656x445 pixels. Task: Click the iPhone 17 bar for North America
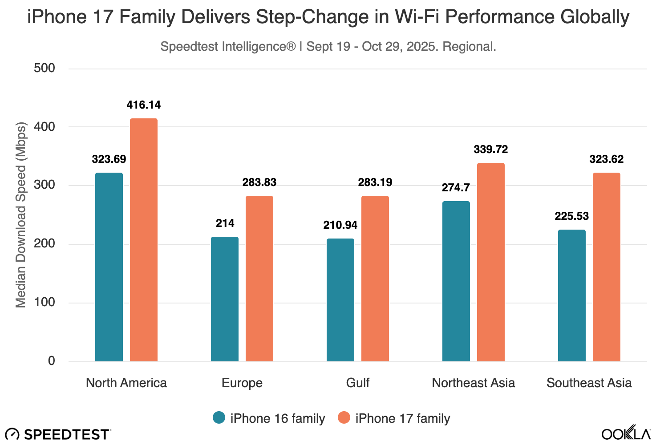144,240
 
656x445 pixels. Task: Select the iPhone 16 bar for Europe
225,299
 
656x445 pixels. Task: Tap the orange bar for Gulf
375,279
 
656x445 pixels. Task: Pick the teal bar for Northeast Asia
456,281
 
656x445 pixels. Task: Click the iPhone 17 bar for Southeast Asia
607,267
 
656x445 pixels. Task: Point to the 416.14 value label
144,105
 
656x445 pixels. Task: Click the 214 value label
225,223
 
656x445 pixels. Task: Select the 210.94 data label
340,225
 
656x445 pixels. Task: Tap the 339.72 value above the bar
491,150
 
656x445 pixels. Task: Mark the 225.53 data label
572,216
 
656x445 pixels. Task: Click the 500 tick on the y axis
45,68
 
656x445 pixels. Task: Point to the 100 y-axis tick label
45,303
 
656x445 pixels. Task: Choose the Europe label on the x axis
242,383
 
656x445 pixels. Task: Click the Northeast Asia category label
474,383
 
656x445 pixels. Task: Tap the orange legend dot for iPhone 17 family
344,418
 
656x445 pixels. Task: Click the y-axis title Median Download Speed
21,214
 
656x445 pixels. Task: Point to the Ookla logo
625,433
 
